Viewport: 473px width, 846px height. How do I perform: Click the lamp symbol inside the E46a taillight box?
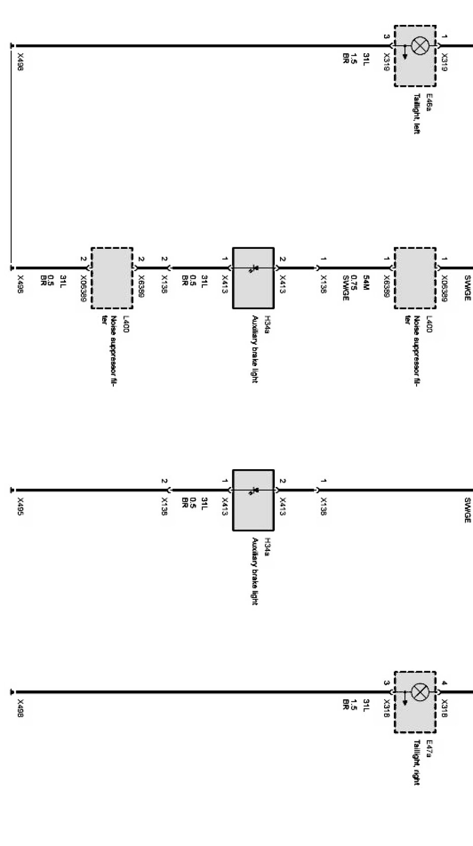click(x=420, y=46)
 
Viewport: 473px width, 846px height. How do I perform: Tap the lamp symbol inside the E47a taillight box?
click(x=420, y=692)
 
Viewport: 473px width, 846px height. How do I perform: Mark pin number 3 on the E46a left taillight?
click(x=386, y=37)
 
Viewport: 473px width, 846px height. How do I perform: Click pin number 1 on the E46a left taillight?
click(x=445, y=37)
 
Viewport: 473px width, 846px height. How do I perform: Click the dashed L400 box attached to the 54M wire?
click(x=415, y=278)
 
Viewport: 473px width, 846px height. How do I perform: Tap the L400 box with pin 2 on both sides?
click(x=112, y=278)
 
